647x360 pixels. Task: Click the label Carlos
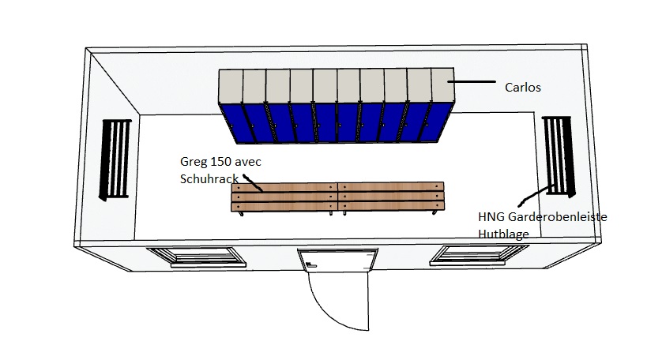click(x=522, y=87)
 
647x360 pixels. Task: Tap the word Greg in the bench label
click(x=194, y=163)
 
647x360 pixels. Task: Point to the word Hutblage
click(x=503, y=234)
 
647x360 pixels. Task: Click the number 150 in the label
click(x=224, y=163)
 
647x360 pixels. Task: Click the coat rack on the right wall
click(x=559, y=156)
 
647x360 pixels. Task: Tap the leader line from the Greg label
click(x=252, y=183)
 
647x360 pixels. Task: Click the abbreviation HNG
click(x=492, y=217)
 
